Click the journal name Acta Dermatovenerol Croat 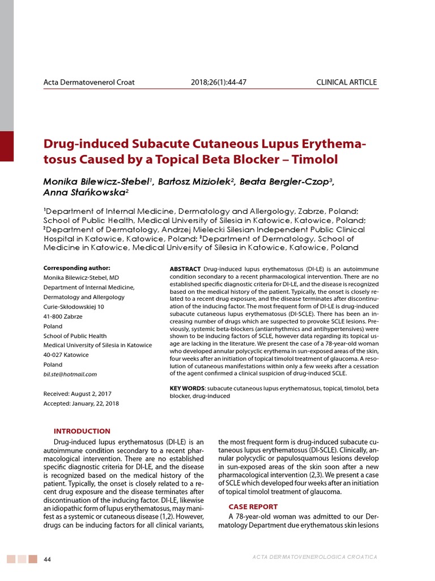pyautogui.click(x=89, y=82)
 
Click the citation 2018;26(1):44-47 pyautogui.click(x=219, y=82)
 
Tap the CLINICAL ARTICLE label pyautogui.click(x=346, y=82)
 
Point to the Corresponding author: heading pyautogui.click(x=76, y=268)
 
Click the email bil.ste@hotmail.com pyautogui.click(x=70, y=374)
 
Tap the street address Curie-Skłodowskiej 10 pyautogui.click(x=74, y=307)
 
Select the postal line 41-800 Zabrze pyautogui.click(x=63, y=317)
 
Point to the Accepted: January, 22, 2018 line pyautogui.click(x=81, y=403)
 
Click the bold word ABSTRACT pyautogui.click(x=185, y=268)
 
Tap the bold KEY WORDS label pyautogui.click(x=187, y=388)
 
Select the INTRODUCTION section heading pyautogui.click(x=82, y=431)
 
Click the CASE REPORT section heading pyautogui.click(x=253, y=506)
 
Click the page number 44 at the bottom pyautogui.click(x=47, y=560)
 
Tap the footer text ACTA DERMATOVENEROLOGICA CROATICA pyautogui.click(x=315, y=557)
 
